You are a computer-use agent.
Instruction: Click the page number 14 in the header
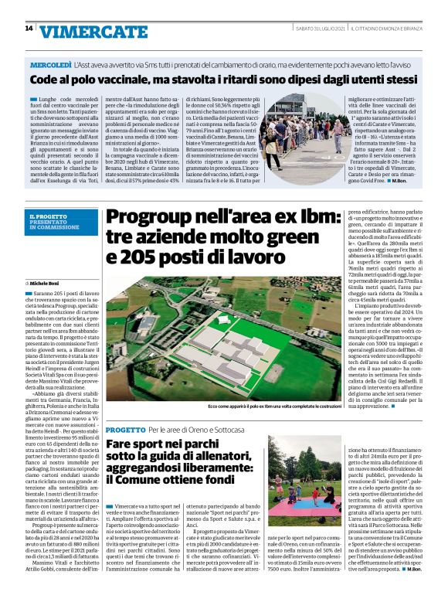(28, 29)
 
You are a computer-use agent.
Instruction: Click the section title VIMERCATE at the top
(93, 31)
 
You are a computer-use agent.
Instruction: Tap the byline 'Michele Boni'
(50, 285)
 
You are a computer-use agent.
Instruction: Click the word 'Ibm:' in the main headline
(317, 218)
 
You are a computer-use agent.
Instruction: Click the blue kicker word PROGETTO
(124, 428)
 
